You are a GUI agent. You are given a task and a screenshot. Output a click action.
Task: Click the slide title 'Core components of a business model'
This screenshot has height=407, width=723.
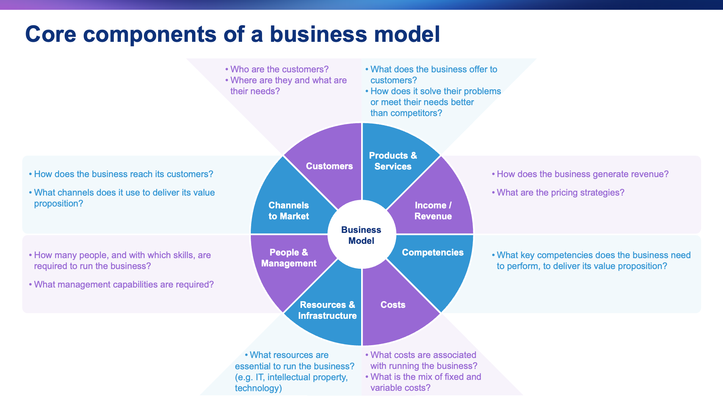[x=232, y=34]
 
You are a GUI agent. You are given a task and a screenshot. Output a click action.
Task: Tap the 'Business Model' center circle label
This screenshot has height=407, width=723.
[x=361, y=235]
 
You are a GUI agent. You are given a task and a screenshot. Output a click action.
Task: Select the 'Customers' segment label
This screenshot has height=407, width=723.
[x=329, y=166]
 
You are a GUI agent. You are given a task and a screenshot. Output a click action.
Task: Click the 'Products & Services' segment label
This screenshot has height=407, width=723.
[x=393, y=161]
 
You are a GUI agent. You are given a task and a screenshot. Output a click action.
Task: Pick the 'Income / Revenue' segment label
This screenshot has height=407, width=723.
[x=433, y=211]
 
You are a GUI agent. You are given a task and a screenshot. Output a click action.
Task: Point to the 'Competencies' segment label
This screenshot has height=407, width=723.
[x=433, y=252]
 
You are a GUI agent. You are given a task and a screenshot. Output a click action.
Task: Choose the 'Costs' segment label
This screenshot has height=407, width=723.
[x=393, y=305]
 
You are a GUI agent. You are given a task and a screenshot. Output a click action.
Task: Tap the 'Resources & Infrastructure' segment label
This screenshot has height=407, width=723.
[x=327, y=310]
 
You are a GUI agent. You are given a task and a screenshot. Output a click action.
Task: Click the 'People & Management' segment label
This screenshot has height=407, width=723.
[x=289, y=258]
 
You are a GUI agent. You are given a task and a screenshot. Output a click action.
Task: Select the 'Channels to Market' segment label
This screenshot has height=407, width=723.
[x=288, y=211]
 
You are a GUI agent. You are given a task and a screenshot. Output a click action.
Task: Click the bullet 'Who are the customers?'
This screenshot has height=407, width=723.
[x=279, y=69]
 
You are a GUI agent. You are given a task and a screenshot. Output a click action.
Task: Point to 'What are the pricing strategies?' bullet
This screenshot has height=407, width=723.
[x=560, y=193]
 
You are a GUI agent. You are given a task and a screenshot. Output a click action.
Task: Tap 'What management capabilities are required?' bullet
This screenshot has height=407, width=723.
[x=124, y=285]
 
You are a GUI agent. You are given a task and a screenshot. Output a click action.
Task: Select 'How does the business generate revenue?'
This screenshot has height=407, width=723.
[x=583, y=174]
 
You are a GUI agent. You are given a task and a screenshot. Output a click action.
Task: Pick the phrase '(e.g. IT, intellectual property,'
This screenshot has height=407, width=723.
[x=291, y=377]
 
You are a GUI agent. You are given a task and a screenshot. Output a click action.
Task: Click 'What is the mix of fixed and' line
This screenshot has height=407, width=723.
[x=426, y=377]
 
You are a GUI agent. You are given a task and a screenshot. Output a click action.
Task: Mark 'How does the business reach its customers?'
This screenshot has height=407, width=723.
[x=124, y=174]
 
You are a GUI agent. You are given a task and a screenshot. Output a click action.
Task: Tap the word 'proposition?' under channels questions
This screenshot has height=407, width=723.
[x=58, y=203]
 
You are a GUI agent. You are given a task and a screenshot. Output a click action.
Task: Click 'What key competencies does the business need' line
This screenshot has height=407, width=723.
[x=593, y=255]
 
